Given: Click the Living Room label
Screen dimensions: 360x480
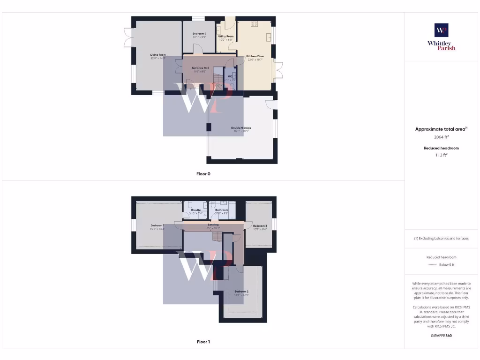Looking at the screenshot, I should [158, 55].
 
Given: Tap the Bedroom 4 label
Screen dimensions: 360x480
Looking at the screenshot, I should [199, 34].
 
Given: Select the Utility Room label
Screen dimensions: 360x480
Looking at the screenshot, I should [225, 36].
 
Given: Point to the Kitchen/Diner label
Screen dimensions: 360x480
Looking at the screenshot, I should [255, 56].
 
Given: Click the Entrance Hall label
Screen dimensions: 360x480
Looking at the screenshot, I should [200, 68].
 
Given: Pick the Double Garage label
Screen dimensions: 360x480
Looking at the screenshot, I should [241, 128].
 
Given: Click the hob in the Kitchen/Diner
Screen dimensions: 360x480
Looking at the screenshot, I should [255, 23].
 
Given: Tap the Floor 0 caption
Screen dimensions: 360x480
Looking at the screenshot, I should [203, 173].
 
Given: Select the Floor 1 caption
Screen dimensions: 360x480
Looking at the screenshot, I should [203, 342].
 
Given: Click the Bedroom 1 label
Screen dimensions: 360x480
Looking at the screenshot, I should [157, 225].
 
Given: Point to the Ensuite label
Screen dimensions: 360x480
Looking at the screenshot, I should [196, 210].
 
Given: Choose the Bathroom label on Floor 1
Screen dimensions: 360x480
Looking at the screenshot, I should [222, 210].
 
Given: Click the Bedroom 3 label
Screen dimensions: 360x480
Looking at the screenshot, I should [260, 226].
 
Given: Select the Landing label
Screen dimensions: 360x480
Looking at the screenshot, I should [213, 225].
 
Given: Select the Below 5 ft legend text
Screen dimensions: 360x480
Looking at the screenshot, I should [447, 265].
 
